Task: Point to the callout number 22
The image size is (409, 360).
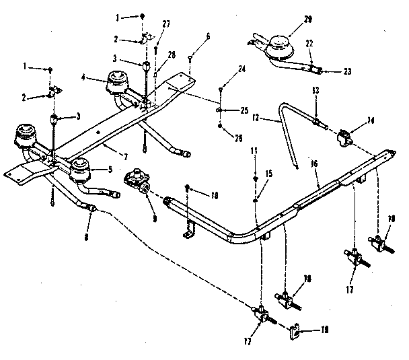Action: (x=310, y=44)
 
